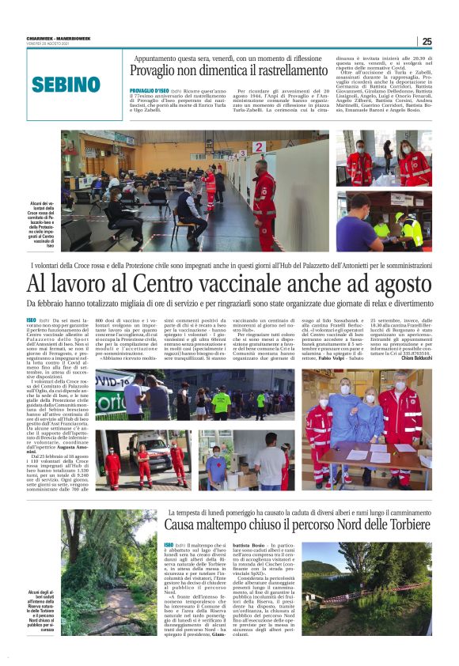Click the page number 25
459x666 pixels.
tap(427, 41)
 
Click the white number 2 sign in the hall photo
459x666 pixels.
tap(258, 147)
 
